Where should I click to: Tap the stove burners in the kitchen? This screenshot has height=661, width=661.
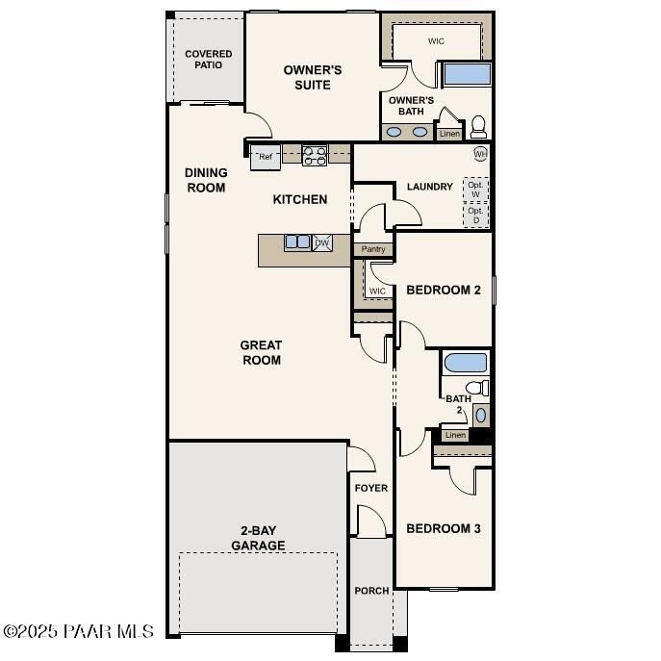(315, 155)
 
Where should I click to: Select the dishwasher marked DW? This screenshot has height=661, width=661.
(322, 242)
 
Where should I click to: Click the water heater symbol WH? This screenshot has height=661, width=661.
(480, 154)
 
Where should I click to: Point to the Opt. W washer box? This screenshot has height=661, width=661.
(475, 188)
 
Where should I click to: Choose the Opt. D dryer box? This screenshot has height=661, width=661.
(475, 215)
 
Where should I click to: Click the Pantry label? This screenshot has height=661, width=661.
(373, 249)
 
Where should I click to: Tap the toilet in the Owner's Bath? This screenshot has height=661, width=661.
(477, 126)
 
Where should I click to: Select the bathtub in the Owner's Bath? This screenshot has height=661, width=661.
(466, 75)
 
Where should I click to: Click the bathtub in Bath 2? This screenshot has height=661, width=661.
(466, 364)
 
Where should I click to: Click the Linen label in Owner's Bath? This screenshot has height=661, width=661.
(449, 134)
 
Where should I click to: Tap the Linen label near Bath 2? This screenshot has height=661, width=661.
(455, 435)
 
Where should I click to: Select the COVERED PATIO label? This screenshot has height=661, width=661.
(208, 60)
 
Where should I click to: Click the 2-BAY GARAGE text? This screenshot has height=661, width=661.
(257, 538)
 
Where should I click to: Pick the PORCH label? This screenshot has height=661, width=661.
(370, 591)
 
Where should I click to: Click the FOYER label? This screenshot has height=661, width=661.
(370, 488)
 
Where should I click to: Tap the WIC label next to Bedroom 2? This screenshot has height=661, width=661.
(377, 291)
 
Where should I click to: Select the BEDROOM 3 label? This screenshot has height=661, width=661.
(444, 528)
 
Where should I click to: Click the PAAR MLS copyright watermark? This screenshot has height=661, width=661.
(78, 631)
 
